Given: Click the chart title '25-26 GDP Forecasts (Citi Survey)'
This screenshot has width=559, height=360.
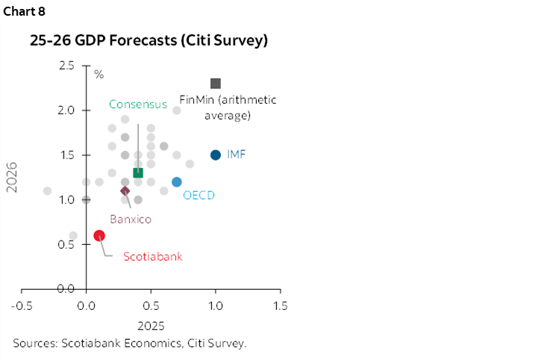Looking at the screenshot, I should [149, 41].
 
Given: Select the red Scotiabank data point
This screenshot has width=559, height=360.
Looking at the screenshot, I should [99, 235].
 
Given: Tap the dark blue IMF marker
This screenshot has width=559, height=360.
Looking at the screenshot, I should [216, 155].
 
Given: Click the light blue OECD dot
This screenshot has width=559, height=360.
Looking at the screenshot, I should [177, 181].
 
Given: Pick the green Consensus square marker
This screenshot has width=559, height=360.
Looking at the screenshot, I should [138, 173].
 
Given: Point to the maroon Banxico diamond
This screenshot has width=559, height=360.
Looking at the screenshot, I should [125, 190].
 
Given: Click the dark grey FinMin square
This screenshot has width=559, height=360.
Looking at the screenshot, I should [216, 84].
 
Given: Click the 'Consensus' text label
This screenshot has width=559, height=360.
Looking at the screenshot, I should [138, 105].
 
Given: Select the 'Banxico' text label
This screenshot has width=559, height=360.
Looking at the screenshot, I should [131, 219].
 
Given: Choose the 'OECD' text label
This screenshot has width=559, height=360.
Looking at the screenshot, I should [199, 196].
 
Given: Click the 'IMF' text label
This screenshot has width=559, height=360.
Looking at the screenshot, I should [237, 155].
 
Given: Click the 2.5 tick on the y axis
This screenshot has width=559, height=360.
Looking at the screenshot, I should [66, 66].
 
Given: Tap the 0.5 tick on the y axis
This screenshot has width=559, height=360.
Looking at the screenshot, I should [66, 244].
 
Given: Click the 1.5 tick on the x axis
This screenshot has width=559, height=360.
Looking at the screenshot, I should [281, 306].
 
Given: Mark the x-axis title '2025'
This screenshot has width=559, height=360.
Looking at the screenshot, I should [151, 326].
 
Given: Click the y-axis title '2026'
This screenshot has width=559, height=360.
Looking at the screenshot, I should [12, 178].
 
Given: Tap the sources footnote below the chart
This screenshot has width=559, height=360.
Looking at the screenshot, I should [129, 344].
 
